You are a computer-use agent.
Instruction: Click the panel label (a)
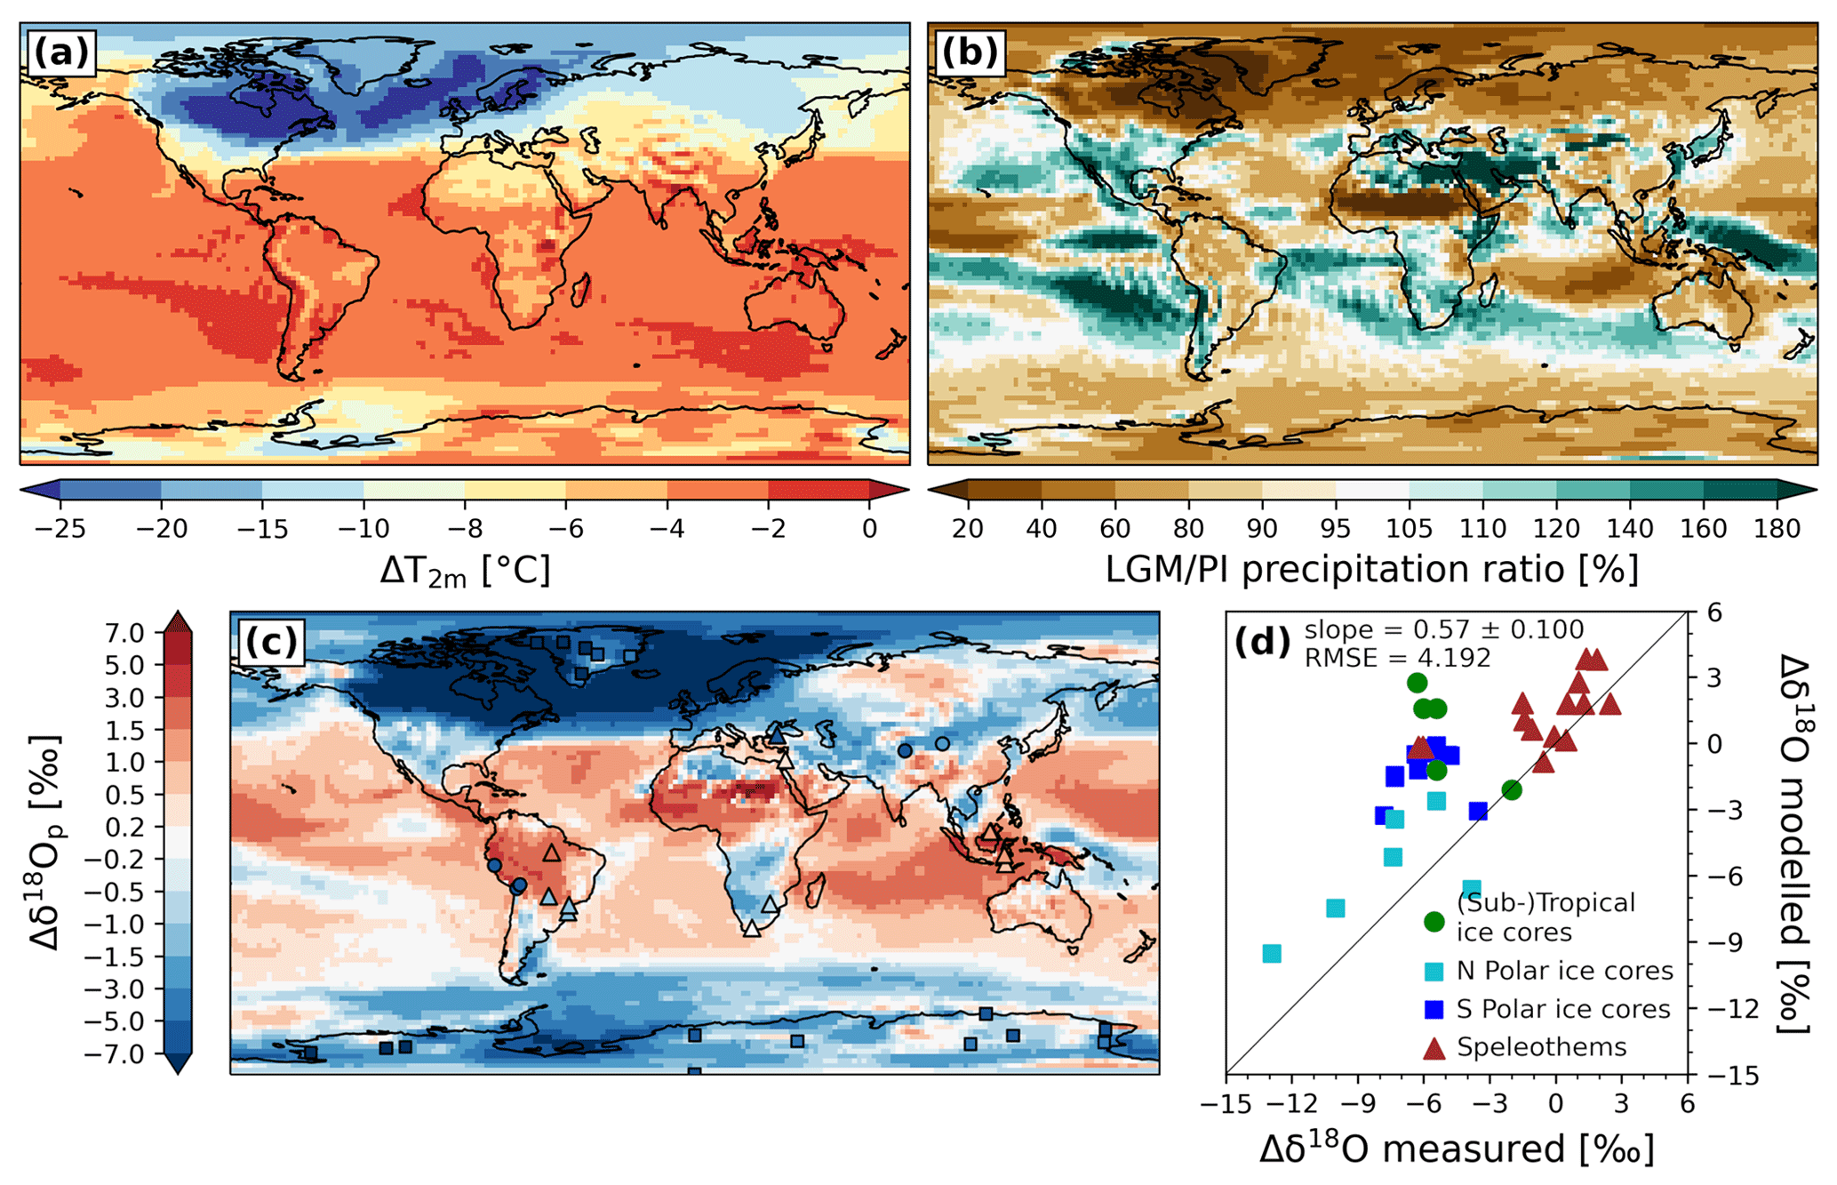pyautogui.click(x=61, y=53)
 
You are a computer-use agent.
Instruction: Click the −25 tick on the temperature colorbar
pyautogui.click(x=60, y=529)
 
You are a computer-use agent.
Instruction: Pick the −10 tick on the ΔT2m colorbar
pyautogui.click(x=363, y=529)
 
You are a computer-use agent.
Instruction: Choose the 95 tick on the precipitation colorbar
pyautogui.click(x=1336, y=529)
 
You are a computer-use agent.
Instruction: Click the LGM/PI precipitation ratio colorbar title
pyautogui.click(x=1372, y=569)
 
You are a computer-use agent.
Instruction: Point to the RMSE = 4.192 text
pyautogui.click(x=1397, y=658)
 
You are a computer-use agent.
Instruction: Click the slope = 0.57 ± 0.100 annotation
pyautogui.click(x=1443, y=629)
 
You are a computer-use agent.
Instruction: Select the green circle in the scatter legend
pyautogui.click(x=1434, y=921)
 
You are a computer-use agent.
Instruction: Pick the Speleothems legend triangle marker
pyautogui.click(x=1434, y=1048)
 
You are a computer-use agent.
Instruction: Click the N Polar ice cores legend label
pyautogui.click(x=1564, y=971)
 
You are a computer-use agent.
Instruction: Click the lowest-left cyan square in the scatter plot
pyautogui.click(x=1272, y=953)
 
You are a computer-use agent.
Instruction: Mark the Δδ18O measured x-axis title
pyautogui.click(x=1457, y=1149)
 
